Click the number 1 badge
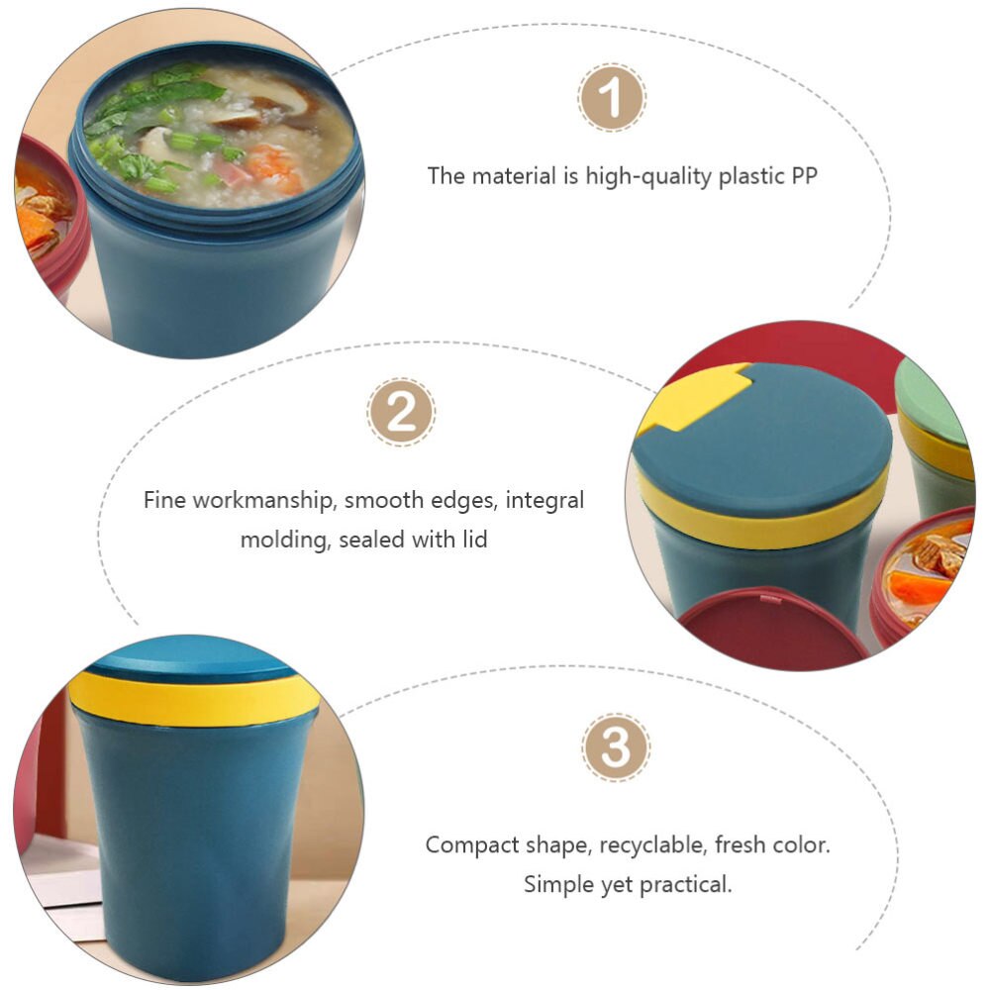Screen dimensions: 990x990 click(x=612, y=98)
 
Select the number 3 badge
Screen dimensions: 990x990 click(x=616, y=746)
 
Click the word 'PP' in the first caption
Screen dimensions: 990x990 click(x=803, y=176)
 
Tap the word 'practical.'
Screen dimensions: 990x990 click(x=684, y=884)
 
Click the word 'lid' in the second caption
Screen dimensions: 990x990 click(x=472, y=540)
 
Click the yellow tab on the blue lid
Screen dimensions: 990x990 click(x=692, y=397)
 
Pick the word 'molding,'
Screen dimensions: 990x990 click(x=285, y=540)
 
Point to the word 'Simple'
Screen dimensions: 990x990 click(x=557, y=884)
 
